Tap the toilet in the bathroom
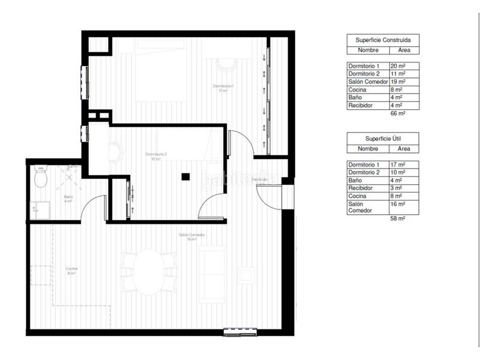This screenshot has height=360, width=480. pos(41,176)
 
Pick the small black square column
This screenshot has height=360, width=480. pos(186,176)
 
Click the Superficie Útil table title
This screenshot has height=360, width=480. pos(382,139)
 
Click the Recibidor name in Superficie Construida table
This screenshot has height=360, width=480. pos(361,105)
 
